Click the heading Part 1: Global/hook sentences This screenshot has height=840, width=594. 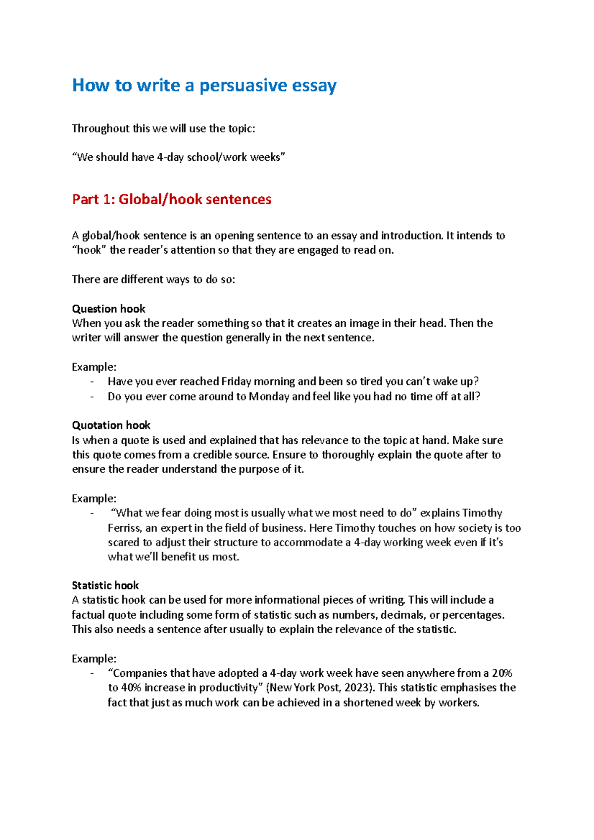click(x=171, y=199)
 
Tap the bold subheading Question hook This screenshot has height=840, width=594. click(x=108, y=309)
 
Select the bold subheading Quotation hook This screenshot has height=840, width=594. click(x=111, y=425)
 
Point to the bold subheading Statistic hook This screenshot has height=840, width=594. click(x=105, y=586)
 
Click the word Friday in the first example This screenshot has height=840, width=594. click(x=236, y=381)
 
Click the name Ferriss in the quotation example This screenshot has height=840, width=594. click(x=125, y=528)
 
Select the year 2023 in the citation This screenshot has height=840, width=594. click(x=356, y=688)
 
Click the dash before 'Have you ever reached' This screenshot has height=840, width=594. click(x=92, y=382)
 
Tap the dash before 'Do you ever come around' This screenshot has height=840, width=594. click(x=92, y=397)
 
